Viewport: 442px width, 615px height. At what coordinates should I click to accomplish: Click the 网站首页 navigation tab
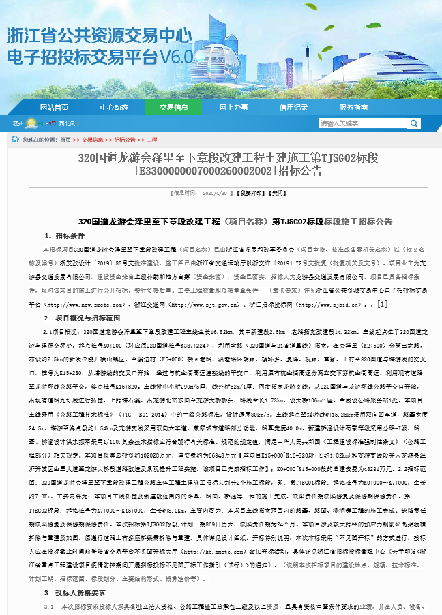(54, 107)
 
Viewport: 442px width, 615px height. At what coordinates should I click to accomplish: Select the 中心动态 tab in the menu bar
(114, 107)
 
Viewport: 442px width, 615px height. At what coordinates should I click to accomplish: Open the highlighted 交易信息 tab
(174, 107)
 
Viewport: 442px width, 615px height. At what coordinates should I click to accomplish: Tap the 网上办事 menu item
(234, 107)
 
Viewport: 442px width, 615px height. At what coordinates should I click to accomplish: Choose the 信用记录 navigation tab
(293, 107)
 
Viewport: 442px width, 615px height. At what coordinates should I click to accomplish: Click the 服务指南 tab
(353, 107)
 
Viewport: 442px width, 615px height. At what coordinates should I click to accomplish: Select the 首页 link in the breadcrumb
(65, 140)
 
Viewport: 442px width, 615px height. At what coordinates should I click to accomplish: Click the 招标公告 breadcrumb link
(124, 140)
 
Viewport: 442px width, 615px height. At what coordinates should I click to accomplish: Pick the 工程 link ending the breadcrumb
(151, 140)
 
